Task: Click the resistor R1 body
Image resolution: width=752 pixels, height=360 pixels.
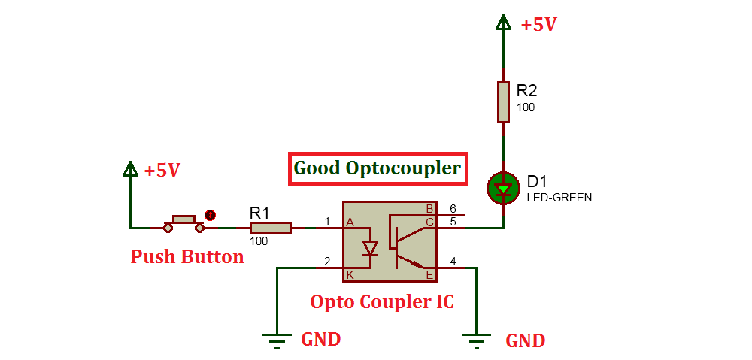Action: tap(271, 228)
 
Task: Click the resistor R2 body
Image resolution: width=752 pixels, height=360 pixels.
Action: tap(504, 102)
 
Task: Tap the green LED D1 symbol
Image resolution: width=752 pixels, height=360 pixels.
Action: tap(503, 188)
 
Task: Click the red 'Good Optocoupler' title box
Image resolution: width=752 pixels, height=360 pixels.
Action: tap(378, 168)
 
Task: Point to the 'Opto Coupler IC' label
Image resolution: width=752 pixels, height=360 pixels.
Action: tap(382, 302)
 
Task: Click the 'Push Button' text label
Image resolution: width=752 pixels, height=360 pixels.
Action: tap(187, 257)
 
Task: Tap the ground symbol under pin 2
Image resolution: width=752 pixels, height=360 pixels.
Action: tap(277, 340)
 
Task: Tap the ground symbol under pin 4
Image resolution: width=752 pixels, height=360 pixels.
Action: tap(475, 340)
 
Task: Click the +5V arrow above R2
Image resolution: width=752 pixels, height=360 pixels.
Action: tap(503, 23)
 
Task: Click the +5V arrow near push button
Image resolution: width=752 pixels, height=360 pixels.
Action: tap(131, 170)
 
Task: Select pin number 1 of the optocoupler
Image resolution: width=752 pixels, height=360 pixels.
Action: tap(327, 221)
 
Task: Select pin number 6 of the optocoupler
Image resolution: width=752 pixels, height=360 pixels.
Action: tap(453, 208)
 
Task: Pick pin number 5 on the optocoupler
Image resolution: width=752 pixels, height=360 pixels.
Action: tap(453, 221)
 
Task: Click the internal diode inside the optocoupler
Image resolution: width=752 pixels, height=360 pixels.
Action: tap(369, 247)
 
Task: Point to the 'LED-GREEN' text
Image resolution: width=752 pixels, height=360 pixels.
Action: tap(559, 198)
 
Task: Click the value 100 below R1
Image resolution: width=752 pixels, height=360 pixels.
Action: tap(259, 241)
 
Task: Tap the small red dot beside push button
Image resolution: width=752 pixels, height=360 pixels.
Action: tap(211, 216)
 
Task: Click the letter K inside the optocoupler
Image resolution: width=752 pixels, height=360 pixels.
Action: tap(350, 274)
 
